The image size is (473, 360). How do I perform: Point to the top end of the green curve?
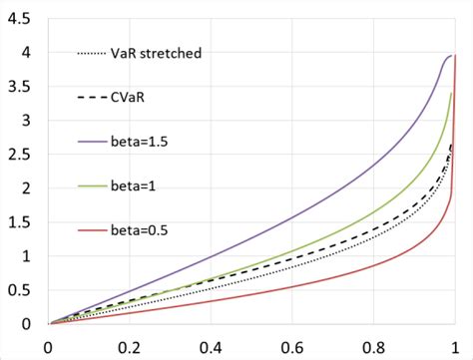click(452, 93)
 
